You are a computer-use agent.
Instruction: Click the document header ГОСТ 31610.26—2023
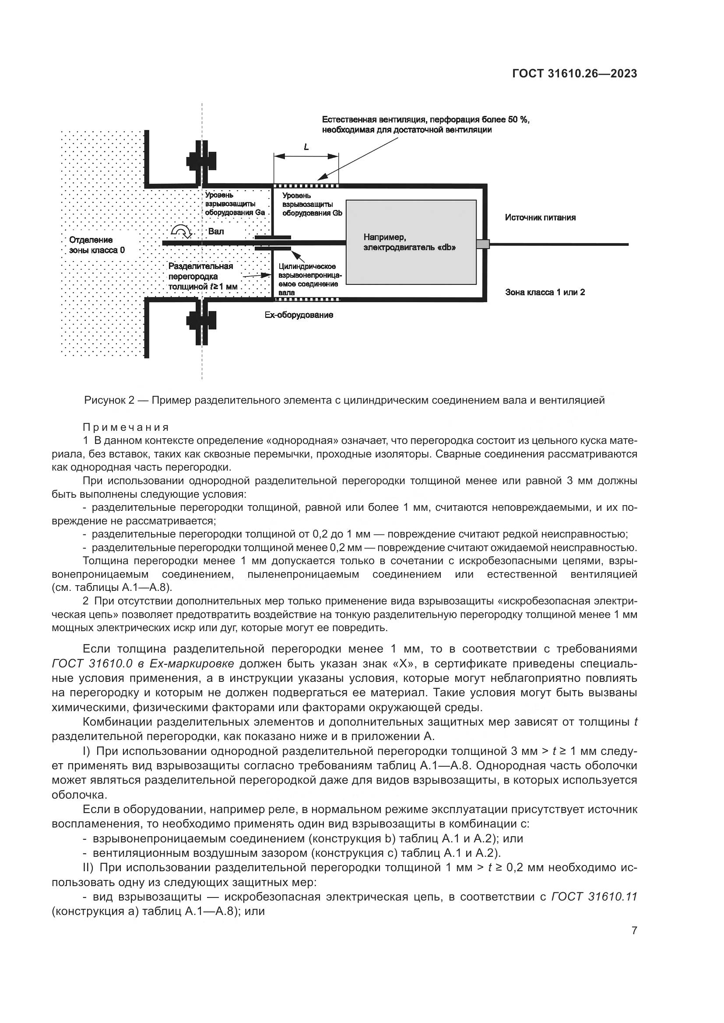coord(574,74)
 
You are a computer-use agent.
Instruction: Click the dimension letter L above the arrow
coord(306,147)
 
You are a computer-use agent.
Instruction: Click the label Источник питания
coord(540,217)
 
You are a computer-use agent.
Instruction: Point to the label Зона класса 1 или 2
coord(545,292)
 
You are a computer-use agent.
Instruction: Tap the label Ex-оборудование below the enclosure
coord(299,315)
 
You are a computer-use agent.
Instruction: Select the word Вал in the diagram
coord(216,231)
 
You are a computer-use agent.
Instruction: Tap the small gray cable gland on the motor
coord(483,244)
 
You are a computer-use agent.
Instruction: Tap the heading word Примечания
coord(126,427)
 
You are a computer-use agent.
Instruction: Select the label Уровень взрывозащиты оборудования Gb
coord(312,204)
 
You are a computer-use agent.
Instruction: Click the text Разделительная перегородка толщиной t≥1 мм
coord(202,276)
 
